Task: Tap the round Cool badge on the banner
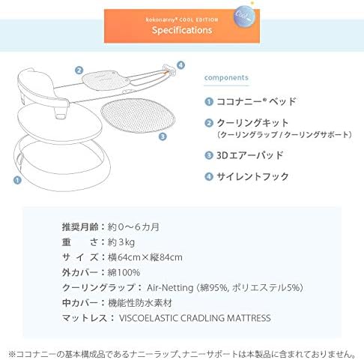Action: click(x=243, y=16)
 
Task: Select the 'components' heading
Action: click(x=226, y=77)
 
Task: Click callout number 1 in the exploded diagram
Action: click(x=16, y=180)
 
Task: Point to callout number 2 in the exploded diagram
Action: click(x=78, y=70)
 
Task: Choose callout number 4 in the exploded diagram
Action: click(x=180, y=65)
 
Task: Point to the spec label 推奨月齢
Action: click(x=79, y=226)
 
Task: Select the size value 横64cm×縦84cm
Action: click(x=145, y=256)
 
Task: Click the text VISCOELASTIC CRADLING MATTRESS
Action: click(x=195, y=318)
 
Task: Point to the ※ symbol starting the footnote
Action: click(x=10, y=351)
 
